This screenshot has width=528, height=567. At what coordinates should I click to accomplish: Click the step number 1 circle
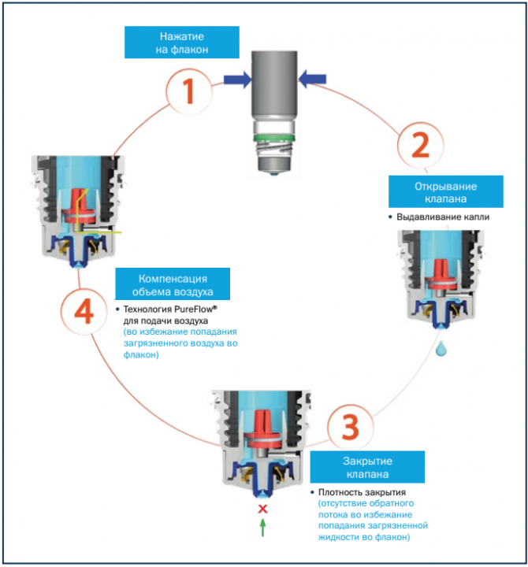pos(188,92)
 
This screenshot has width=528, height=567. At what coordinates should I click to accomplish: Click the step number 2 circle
pos(422,145)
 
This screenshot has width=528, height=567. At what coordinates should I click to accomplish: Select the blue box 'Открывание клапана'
pos(447,193)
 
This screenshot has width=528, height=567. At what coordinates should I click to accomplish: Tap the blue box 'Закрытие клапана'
pos(367,467)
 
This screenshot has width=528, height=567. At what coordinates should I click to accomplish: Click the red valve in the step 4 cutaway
pos(78,202)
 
